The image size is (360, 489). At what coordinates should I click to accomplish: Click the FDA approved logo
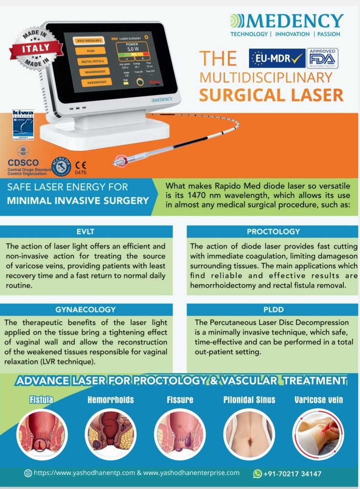click(x=322, y=58)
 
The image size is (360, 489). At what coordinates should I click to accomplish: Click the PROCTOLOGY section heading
click(x=273, y=231)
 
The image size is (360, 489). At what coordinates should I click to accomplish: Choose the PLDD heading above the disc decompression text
click(x=273, y=309)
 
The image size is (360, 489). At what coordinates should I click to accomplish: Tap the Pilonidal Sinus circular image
click(x=249, y=434)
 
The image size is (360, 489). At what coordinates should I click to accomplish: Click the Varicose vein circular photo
click(x=318, y=434)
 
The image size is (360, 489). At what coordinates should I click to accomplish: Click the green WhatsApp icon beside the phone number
click(x=257, y=473)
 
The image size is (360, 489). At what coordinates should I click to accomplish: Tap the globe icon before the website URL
click(x=28, y=473)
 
